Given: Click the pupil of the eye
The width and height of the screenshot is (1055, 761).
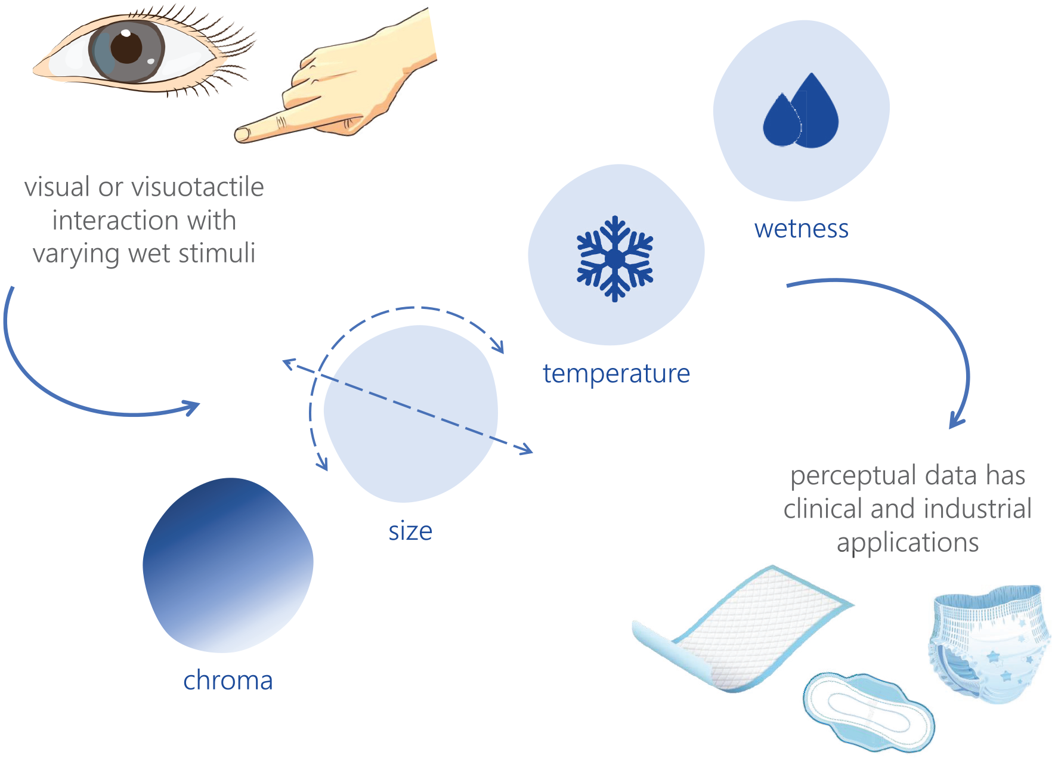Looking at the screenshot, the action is tap(126, 47).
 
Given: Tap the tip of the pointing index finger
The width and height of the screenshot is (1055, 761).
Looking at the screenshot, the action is tap(237, 135).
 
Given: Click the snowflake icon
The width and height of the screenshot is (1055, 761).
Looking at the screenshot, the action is tap(615, 258).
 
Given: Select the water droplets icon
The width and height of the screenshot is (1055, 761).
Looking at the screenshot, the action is tap(800, 110).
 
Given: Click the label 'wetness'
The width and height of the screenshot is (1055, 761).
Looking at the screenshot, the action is tap(801, 229).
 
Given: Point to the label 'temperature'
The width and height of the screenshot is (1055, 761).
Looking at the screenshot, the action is tap(616, 375).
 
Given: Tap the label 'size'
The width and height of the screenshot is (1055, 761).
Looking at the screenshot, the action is tap(410, 531).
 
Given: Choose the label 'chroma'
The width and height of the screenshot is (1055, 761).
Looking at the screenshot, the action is tap(228, 680).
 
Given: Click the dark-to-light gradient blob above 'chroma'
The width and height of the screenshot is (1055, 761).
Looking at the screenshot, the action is tap(228, 565).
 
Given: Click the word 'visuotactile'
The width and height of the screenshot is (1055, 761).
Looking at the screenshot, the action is tap(197, 187).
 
